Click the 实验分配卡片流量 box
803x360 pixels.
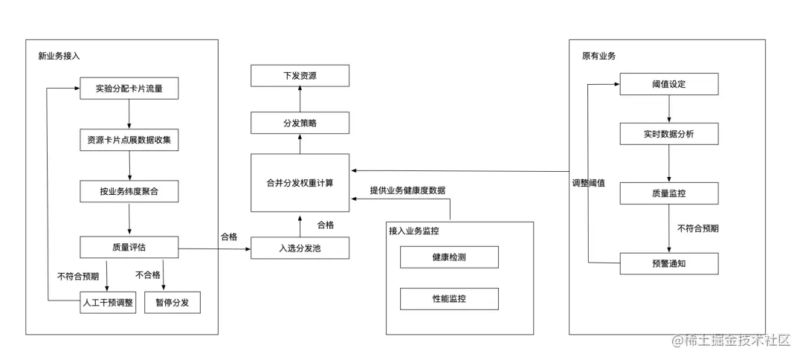[x=129, y=89]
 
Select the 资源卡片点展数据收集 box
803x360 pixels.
[x=129, y=140]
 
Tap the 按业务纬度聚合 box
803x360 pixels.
[x=129, y=191]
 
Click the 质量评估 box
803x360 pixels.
[x=129, y=247]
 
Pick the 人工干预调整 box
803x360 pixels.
[x=108, y=303]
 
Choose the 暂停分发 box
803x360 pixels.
[x=172, y=303]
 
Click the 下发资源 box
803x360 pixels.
[x=300, y=75]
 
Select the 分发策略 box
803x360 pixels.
[x=300, y=123]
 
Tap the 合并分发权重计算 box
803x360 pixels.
[x=300, y=183]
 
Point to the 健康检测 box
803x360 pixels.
[x=449, y=257]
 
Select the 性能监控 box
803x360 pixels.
[x=449, y=299]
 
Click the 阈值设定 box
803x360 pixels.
[x=668, y=84]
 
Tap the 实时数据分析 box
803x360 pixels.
[x=668, y=134]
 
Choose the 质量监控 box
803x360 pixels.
[x=668, y=193]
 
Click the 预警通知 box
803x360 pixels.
[x=668, y=263]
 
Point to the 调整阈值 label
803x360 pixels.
[x=588, y=182]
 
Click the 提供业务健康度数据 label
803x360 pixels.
[x=407, y=190]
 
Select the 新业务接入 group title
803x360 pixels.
[x=59, y=56]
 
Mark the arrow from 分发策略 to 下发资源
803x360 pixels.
[x=300, y=99]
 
